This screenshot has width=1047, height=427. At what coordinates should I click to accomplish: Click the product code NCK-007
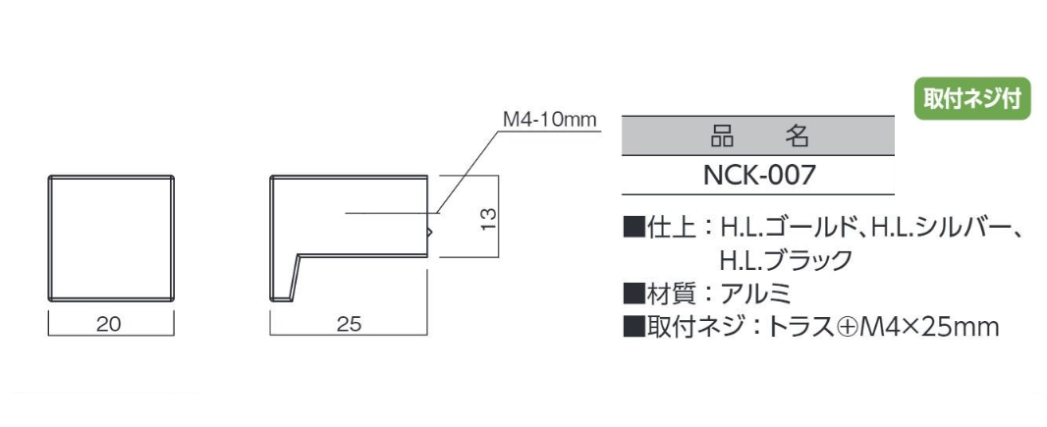coord(759,176)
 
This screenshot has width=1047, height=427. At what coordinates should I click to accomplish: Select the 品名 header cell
coord(758,136)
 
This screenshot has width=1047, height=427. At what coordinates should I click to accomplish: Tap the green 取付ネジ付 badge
coord(972,99)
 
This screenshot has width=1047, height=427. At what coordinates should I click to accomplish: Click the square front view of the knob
coord(112,239)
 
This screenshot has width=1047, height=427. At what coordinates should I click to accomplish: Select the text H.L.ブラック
coord(786,259)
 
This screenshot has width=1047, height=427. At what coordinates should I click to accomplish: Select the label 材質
coord(669,293)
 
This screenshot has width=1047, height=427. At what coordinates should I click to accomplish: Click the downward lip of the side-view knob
coord(283,278)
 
